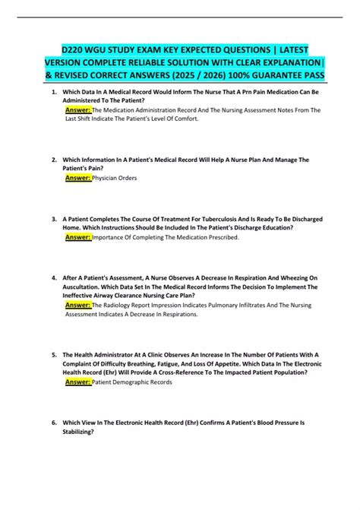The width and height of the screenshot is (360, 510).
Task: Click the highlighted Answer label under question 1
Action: click(x=78, y=109)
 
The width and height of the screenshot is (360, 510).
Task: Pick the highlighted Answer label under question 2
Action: click(x=78, y=177)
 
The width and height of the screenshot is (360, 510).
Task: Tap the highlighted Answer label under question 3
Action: click(x=78, y=236)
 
